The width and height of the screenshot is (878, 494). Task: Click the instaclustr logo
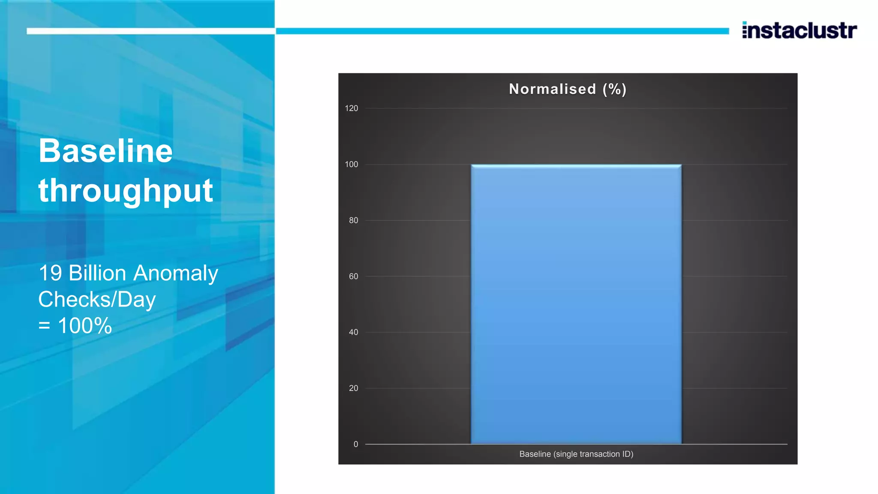799,30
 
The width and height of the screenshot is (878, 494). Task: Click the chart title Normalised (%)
568,89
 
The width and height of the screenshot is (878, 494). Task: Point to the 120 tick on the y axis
351,108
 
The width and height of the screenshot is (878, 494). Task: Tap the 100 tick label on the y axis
351,164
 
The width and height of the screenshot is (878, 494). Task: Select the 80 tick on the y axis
353,220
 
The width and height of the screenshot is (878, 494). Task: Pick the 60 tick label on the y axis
353,277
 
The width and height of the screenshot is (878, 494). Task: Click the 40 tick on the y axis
353,332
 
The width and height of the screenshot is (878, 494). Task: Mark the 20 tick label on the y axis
353,389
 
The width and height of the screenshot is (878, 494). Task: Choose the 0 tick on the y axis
355,444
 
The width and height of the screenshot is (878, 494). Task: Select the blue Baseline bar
576,304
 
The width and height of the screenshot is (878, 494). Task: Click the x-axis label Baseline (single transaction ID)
576,454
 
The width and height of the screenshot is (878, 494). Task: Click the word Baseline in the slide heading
105,151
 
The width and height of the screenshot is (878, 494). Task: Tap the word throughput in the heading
126,191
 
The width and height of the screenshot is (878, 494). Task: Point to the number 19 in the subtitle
50,273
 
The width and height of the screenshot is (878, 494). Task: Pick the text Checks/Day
97,300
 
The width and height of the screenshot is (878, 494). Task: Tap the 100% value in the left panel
85,326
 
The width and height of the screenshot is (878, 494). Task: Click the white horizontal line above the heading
150,31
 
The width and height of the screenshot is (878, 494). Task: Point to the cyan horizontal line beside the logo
502,31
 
